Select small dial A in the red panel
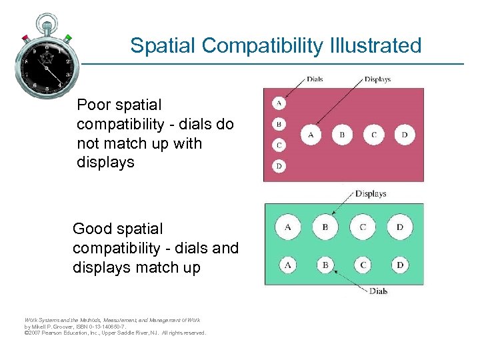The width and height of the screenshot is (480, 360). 279,103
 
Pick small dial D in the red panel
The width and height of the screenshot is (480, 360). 279,165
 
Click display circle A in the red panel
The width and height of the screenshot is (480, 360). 311,135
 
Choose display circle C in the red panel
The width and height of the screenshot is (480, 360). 373,135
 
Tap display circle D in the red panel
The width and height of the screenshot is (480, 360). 405,135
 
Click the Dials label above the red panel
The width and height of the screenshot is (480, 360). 315,79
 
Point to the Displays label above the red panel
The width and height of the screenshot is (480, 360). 377,79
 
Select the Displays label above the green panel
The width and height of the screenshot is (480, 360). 371,194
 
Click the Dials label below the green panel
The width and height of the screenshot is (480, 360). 378,291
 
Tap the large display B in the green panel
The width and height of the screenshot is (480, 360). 325,227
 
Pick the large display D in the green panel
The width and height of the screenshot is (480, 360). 400,227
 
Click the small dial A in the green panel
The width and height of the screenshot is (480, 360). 288,265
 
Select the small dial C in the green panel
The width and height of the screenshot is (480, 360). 363,265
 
